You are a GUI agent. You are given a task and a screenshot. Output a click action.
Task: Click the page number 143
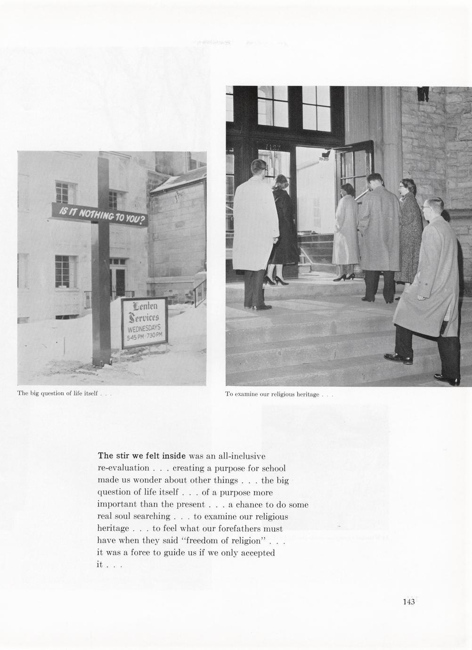[408, 601]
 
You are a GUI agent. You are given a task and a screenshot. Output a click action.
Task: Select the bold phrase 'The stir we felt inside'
[142, 456]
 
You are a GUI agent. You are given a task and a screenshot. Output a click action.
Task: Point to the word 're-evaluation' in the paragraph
[123, 468]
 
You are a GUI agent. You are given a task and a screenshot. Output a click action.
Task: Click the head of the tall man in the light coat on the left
[259, 168]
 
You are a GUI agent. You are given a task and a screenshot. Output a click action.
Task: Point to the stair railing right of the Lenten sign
[200, 291]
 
